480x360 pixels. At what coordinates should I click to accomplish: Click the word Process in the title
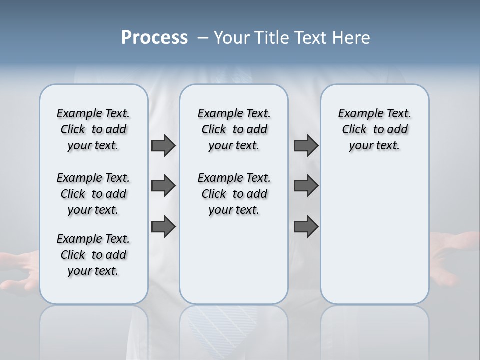click(154, 38)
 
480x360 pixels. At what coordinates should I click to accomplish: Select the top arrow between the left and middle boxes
click(163, 145)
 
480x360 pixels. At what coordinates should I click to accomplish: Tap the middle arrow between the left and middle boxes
click(163, 186)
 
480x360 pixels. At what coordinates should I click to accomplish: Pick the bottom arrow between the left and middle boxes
click(163, 226)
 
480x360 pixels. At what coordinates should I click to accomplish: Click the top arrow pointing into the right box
click(306, 145)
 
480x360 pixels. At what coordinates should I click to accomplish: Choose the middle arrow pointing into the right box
click(306, 186)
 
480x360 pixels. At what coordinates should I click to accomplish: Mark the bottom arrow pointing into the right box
click(306, 226)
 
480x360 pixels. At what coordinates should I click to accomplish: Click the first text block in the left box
click(93, 129)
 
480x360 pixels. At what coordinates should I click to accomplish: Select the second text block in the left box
click(93, 194)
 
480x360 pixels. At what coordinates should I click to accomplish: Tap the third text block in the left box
click(93, 255)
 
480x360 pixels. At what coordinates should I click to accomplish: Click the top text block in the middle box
click(234, 129)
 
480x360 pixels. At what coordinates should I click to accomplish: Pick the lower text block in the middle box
click(234, 194)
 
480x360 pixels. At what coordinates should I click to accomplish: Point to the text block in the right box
click(374, 129)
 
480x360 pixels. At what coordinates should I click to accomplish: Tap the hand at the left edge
click(20, 270)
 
